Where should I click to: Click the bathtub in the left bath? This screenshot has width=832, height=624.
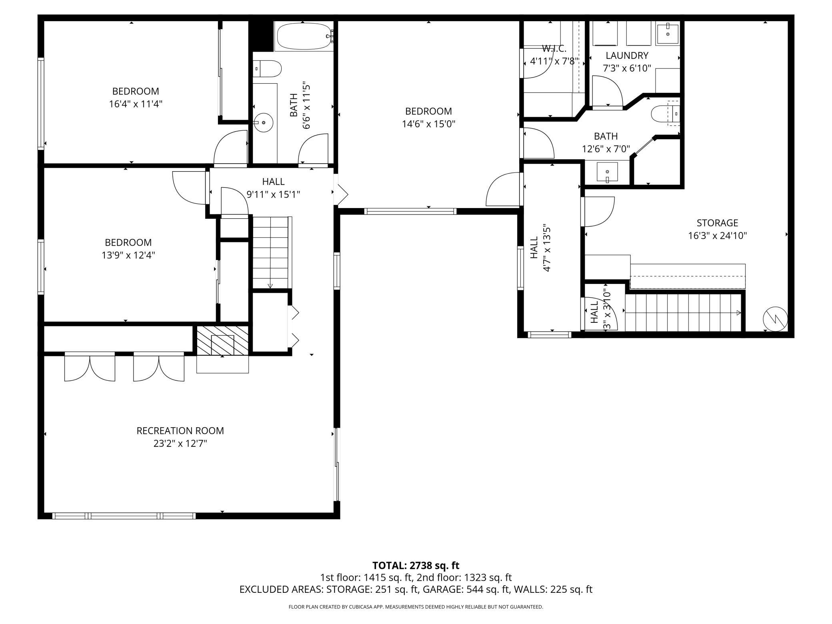tap(304, 36)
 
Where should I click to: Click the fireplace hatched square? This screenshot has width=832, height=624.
tap(222, 340)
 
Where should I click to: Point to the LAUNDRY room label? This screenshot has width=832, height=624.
tap(627, 56)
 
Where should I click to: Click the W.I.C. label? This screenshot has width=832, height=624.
tap(554, 49)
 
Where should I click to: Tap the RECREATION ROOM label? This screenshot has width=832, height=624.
tap(180, 431)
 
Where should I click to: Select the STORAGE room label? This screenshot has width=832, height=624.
tap(717, 223)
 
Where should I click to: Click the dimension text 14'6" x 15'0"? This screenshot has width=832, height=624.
tap(428, 124)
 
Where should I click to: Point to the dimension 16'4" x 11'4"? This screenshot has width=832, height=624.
tap(136, 104)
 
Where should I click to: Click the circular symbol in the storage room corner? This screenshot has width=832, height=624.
tap(775, 320)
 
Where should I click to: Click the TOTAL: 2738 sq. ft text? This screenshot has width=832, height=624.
tap(416, 566)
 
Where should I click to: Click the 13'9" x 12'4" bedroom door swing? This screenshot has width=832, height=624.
tap(188, 188)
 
